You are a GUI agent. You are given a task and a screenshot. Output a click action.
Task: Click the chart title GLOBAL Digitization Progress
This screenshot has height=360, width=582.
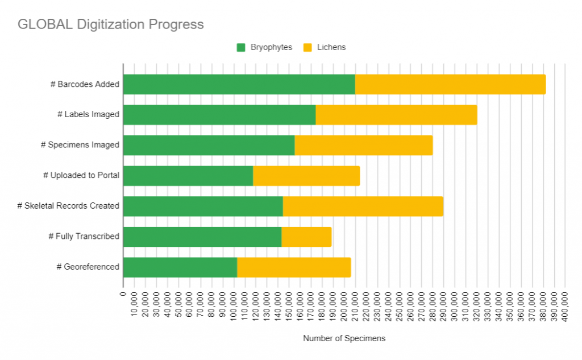point(110,24)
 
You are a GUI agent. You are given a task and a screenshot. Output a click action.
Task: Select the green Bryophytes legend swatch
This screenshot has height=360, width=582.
point(241,47)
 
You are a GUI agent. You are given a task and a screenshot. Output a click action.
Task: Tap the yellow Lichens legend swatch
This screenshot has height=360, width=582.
point(307,47)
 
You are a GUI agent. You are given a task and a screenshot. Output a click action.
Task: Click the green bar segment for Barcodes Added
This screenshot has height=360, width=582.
point(239,84)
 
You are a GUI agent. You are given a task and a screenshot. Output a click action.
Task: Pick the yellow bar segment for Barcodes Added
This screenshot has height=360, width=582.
point(450,84)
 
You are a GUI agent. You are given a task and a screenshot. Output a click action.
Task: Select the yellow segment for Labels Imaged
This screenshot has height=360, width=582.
point(396,115)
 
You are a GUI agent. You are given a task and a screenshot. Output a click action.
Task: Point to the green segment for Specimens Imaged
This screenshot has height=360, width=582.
point(209,145)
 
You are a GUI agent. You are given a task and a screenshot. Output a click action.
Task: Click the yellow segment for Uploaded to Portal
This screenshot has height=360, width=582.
point(306,176)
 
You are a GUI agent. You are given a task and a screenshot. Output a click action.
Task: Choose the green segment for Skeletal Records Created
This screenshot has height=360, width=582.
point(203,206)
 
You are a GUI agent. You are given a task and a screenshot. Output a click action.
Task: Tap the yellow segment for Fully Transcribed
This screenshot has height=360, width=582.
point(306,237)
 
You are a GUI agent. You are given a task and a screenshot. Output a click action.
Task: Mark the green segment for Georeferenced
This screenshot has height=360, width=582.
point(180,267)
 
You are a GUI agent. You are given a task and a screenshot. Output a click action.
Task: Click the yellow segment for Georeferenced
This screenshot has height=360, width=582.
point(294,267)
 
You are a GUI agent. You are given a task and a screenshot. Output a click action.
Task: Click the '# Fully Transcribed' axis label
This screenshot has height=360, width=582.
point(84,236)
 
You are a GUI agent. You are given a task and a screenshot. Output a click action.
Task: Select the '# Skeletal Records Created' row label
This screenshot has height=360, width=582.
point(68,206)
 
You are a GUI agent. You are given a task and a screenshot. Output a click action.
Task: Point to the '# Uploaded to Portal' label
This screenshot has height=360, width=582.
point(81,175)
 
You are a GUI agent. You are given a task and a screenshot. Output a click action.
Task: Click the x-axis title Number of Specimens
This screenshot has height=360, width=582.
point(344,338)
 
